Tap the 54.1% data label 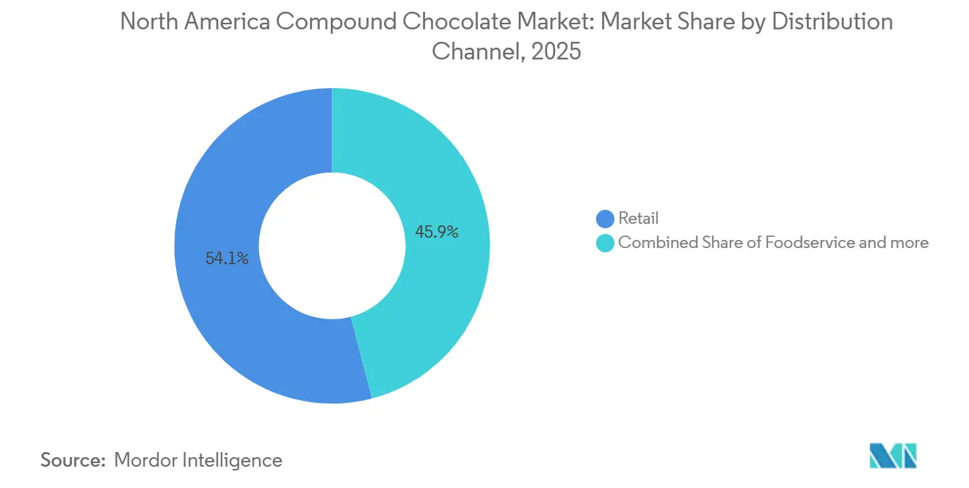pos(227,258)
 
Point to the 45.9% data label pos(437,233)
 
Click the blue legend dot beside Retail pos(606,219)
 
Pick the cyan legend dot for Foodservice pos(606,243)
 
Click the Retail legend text pos(639,218)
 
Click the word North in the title pos(147,22)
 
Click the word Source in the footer pos(71,460)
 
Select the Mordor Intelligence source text pos(198,460)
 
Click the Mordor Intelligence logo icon pos(893,456)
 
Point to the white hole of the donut pos(332,245)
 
